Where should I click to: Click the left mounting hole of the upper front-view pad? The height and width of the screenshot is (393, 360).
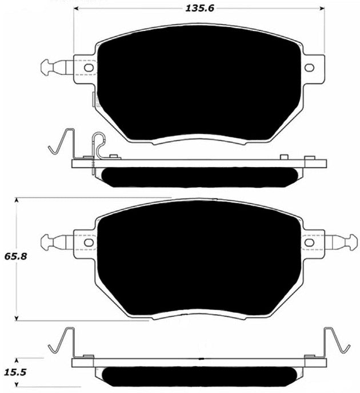89,68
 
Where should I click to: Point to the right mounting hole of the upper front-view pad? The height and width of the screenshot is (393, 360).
309,68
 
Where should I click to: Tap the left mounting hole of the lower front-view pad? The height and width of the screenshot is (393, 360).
89,243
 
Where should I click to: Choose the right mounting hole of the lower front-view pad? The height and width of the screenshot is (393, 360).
309,243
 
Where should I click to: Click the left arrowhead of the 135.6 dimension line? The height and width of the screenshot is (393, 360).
77,9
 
